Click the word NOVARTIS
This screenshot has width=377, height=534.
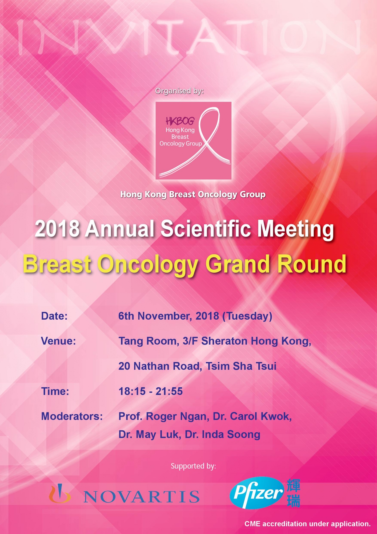(x=142, y=497)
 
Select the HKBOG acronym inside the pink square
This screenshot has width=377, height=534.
(x=180, y=121)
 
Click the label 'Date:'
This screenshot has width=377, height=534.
(x=54, y=316)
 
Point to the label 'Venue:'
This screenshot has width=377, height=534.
(x=58, y=341)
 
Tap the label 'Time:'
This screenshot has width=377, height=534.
(x=55, y=391)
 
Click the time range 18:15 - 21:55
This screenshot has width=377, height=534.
(x=151, y=391)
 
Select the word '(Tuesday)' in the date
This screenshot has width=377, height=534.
(x=247, y=316)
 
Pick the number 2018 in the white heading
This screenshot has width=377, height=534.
(x=57, y=229)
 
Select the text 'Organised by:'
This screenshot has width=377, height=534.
(x=179, y=91)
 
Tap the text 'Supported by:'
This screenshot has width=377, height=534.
(x=193, y=466)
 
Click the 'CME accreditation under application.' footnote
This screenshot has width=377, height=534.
(x=308, y=524)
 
